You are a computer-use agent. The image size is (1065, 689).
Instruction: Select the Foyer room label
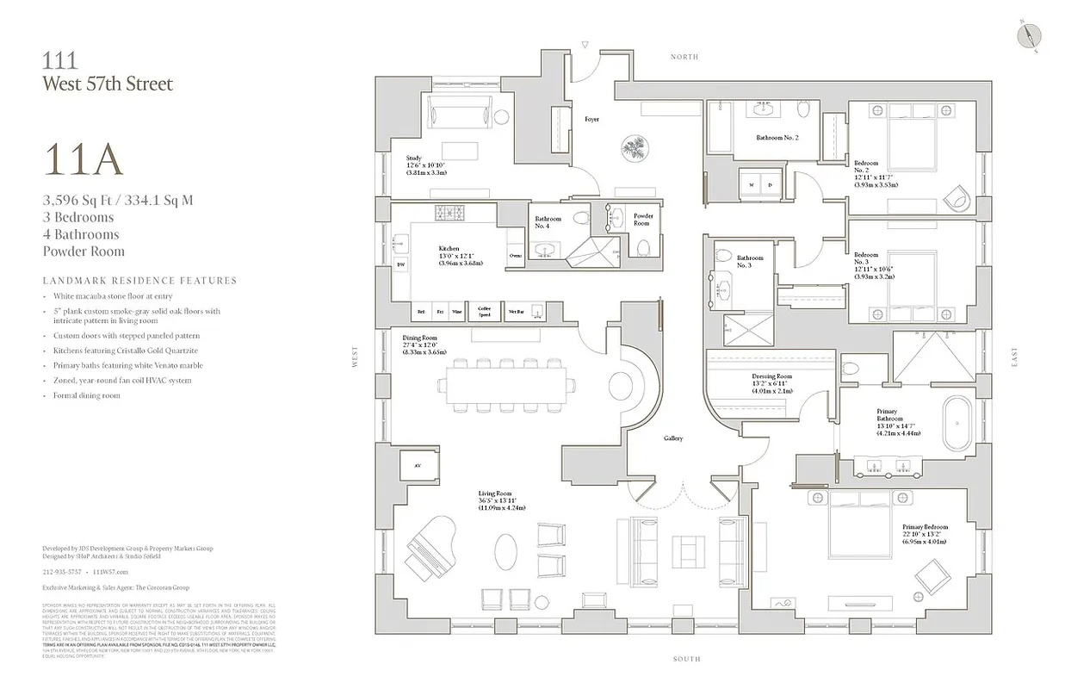pos(592,119)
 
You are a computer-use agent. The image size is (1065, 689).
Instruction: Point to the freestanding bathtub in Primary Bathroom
pos(957,425)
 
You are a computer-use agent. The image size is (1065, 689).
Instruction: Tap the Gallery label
pos(672,438)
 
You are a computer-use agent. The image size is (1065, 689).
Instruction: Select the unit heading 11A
pos(83,160)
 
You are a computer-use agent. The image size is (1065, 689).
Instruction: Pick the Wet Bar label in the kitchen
pos(517,312)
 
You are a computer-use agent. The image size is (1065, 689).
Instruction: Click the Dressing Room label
pos(771,376)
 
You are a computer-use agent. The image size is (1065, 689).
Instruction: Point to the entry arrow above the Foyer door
pos(584,43)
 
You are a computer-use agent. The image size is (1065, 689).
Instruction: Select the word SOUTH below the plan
pos(686,659)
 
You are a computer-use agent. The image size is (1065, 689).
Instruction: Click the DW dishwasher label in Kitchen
pos(400,264)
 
